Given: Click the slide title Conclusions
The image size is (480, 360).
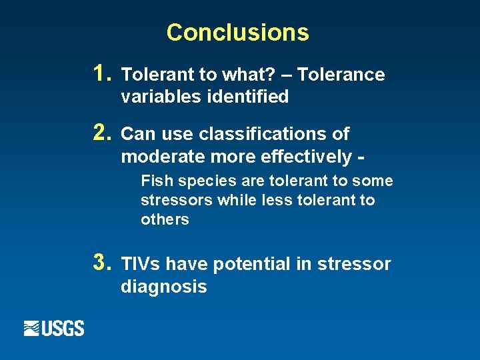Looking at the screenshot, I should point(237,32).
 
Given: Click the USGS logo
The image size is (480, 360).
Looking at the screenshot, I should point(54,328).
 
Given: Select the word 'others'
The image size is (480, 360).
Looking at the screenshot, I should point(165,219).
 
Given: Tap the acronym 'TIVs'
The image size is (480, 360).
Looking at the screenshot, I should point(141,265).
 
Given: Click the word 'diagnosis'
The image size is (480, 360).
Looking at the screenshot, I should point(163,287).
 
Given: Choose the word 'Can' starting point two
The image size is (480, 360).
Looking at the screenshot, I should point(137,134).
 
